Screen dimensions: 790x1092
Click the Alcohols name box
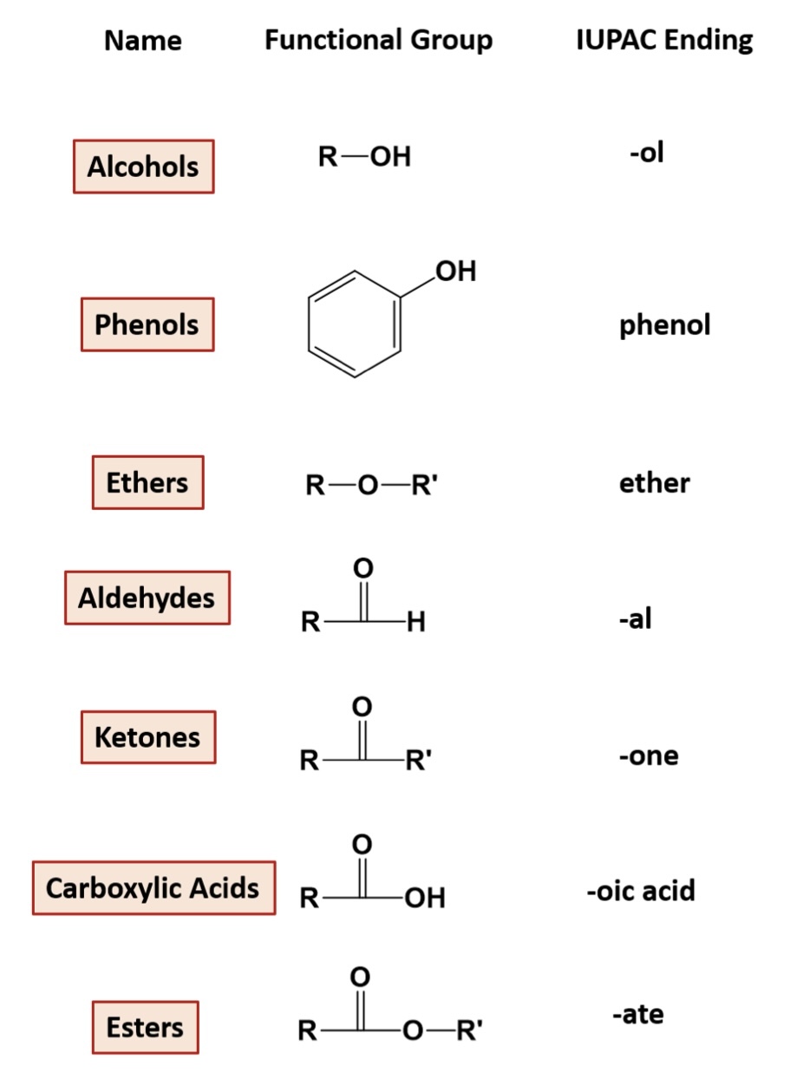(x=143, y=167)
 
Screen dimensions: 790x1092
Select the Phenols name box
(x=147, y=324)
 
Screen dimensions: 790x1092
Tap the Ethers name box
(x=147, y=482)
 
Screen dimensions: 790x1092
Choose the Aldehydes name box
(x=147, y=598)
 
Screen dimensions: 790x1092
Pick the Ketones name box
(x=147, y=737)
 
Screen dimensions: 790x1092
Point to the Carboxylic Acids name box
(x=153, y=888)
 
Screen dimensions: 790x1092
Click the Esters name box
(x=145, y=1028)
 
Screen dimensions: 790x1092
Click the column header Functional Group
(x=378, y=40)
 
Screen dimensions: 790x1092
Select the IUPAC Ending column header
(x=664, y=40)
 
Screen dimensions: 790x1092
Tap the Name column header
(x=143, y=41)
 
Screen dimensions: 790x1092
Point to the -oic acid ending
(x=641, y=891)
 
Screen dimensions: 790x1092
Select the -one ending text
(x=649, y=755)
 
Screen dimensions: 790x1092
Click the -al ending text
(x=635, y=619)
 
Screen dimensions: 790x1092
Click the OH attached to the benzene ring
(x=456, y=271)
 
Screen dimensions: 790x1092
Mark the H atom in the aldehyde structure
(x=416, y=622)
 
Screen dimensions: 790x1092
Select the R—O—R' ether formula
(x=372, y=485)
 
